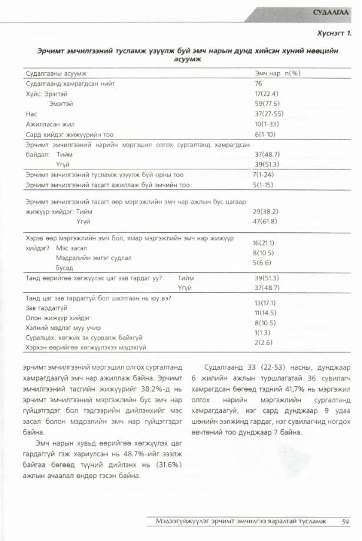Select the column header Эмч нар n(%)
277,74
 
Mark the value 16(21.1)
265,243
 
